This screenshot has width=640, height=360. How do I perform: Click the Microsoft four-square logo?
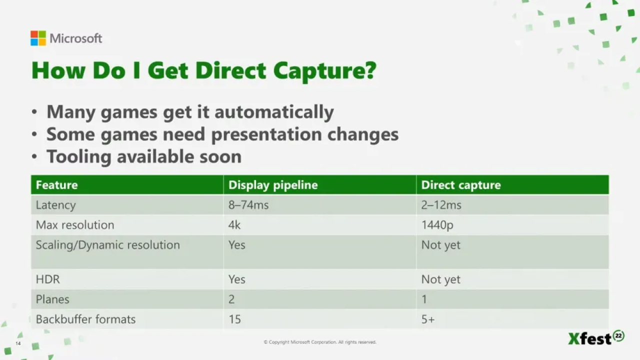pyautogui.click(x=38, y=38)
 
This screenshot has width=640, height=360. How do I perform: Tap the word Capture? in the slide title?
pyautogui.click(x=325, y=71)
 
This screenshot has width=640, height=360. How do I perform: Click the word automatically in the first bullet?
pyautogui.click(x=274, y=112)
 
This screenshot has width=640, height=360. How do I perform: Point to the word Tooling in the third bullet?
pyautogui.click(x=79, y=157)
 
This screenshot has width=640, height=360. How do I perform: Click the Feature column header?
pyautogui.click(x=57, y=185)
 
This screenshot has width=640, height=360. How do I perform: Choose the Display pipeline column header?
pyautogui.click(x=273, y=185)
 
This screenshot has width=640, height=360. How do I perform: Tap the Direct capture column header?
pyautogui.click(x=461, y=185)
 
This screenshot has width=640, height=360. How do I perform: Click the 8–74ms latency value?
pyautogui.click(x=248, y=205)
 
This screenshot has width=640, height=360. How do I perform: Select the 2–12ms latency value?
pyautogui.click(x=441, y=205)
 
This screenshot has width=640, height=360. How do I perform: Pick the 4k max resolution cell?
pyautogui.click(x=234, y=225)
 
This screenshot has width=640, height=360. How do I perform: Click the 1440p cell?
pyautogui.click(x=437, y=225)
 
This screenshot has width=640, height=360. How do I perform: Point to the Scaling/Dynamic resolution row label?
pyautogui.click(x=107, y=245)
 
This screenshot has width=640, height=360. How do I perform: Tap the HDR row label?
pyautogui.click(x=47, y=279)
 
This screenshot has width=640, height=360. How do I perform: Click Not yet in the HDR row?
pyautogui.click(x=441, y=279)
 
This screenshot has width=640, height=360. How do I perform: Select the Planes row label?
pyautogui.click(x=52, y=299)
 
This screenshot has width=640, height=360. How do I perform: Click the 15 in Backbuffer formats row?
pyautogui.click(x=234, y=319)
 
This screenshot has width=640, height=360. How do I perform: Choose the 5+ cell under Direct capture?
pyautogui.click(x=427, y=319)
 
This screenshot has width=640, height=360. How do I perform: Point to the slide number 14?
pyautogui.click(x=18, y=343)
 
